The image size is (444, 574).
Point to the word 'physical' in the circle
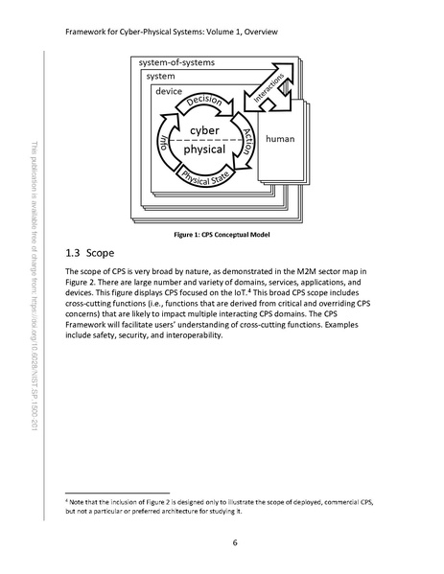205,150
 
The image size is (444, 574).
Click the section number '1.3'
73,255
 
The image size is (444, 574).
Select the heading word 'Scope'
101,255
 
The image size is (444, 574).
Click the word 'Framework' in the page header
89,30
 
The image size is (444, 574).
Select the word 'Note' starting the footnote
79,501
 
